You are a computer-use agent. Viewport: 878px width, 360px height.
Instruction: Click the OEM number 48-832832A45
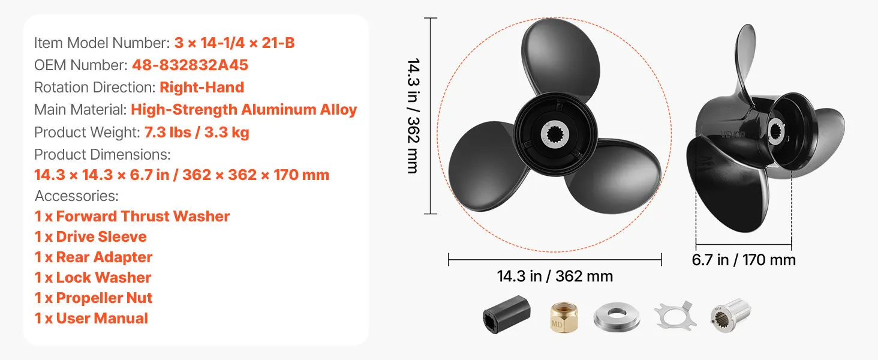tap(190, 65)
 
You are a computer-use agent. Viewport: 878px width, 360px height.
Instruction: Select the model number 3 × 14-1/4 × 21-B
tap(234, 43)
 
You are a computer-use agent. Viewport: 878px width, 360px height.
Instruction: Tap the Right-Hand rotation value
tap(202, 88)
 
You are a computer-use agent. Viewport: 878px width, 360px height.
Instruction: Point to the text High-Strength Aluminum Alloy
tap(244, 110)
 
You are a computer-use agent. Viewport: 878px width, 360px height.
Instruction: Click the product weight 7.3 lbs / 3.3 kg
tap(197, 133)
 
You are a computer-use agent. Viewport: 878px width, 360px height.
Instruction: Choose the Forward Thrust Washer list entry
tap(132, 217)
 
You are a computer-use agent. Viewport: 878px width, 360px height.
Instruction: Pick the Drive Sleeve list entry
tap(91, 237)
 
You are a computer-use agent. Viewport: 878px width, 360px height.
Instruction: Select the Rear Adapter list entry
tap(94, 257)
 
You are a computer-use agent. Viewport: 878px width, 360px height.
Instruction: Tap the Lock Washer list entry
tap(93, 278)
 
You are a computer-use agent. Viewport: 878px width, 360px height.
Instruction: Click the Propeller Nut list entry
tap(94, 298)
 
